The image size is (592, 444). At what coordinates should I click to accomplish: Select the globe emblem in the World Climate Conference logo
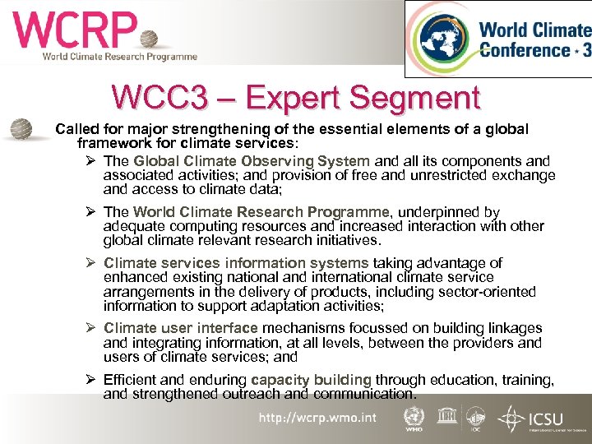(445, 39)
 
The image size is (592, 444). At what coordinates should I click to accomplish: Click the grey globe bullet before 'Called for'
(21, 130)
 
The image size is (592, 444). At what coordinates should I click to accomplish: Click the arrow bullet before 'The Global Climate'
(90, 161)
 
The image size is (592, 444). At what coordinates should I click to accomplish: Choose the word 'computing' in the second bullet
(202, 226)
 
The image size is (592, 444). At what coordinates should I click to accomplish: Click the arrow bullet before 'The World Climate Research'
(90, 212)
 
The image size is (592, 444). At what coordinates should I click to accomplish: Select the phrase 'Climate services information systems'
(235, 263)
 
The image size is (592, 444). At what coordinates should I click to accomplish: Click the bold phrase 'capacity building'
(311, 380)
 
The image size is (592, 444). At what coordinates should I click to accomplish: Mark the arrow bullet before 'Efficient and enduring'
(90, 380)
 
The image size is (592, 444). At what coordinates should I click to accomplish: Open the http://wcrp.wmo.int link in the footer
(317, 418)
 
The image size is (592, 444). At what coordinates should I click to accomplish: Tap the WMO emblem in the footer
(413, 419)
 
